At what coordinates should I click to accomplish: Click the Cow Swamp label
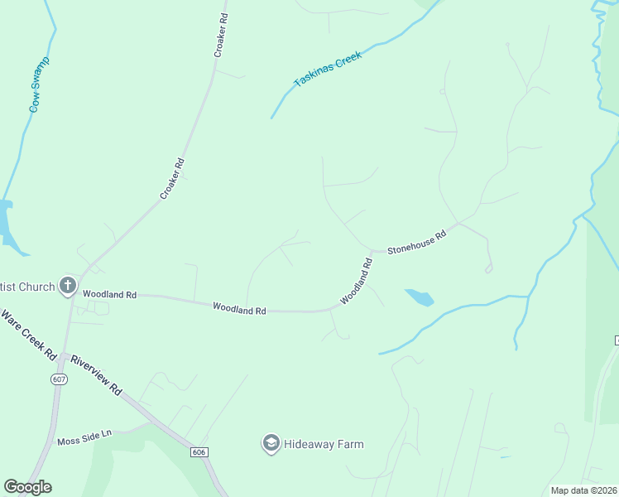(x=39, y=84)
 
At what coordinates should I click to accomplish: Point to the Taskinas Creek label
(x=329, y=72)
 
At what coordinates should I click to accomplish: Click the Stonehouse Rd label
(x=416, y=242)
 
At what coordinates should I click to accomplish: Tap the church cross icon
(x=68, y=287)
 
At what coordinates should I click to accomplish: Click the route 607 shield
(x=57, y=378)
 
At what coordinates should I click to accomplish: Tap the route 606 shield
(x=198, y=452)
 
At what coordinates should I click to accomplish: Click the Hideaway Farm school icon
(x=270, y=444)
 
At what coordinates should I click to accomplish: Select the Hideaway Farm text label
(x=324, y=444)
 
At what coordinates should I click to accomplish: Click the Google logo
(x=27, y=487)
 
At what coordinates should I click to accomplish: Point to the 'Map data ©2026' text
(x=583, y=490)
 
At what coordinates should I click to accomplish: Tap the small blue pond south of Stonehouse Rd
(x=419, y=297)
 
